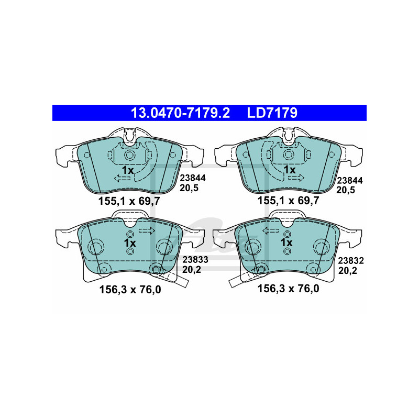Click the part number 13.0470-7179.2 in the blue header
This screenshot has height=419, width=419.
point(180,113)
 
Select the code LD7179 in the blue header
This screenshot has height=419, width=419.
point(272,113)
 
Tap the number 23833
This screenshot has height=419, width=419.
point(195,259)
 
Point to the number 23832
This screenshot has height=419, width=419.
point(351,260)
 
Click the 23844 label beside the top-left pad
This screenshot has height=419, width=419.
point(193,178)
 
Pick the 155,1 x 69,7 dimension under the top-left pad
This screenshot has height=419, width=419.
point(129,201)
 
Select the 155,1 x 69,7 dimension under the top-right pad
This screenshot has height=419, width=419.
point(289,201)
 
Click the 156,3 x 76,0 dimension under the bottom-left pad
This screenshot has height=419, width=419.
point(130,290)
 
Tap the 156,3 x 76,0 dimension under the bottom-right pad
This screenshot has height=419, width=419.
point(289,289)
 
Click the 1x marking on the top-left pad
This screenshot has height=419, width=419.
point(128,170)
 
